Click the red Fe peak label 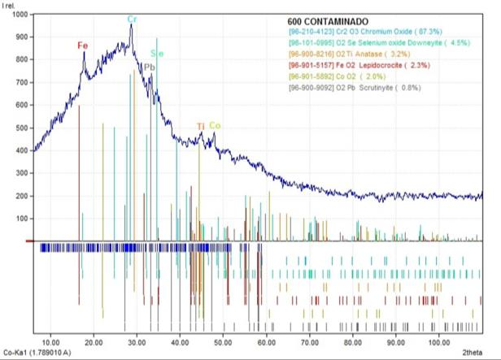83,46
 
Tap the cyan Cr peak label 131,19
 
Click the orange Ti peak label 201,126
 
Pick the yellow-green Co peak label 215,125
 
